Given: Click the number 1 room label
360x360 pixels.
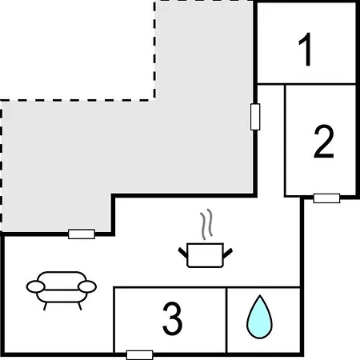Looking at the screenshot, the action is [306, 50].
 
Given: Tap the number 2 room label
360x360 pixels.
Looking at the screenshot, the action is [324, 142].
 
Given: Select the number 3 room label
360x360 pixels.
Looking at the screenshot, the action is [173, 318].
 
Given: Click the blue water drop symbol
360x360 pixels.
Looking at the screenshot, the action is [259, 317].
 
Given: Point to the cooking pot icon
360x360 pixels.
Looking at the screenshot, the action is [205, 255].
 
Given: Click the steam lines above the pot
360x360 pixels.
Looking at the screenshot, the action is [206, 224].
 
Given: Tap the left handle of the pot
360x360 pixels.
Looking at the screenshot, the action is [183, 253].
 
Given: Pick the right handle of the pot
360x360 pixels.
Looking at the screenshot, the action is [227, 253].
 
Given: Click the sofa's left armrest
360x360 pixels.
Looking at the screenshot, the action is [35, 286].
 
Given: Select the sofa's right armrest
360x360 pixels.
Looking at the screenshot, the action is [87, 286].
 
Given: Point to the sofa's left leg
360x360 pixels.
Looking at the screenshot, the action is [45, 306].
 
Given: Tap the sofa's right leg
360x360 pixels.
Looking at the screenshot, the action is [79, 306].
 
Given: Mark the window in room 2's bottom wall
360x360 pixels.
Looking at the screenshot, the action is [326, 198].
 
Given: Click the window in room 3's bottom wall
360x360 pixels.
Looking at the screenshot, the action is [139, 355].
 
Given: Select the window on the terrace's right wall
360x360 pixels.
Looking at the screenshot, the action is [255, 117].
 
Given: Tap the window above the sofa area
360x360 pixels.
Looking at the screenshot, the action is [82, 234].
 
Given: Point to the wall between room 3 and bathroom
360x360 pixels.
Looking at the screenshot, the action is [226, 320].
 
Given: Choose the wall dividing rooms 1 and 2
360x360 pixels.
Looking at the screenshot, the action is [306, 84].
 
